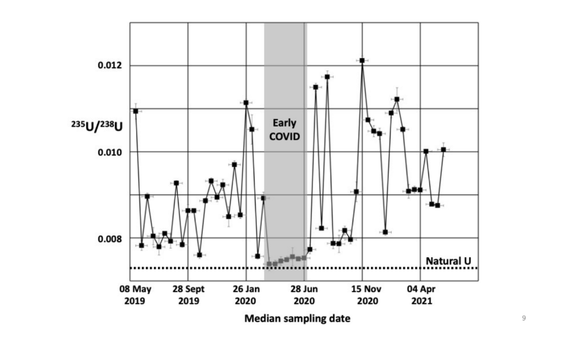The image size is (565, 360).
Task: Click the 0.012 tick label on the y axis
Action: [109, 65]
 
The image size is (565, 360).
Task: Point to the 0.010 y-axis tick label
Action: [109, 152]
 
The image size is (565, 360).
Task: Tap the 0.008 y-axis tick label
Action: [109, 238]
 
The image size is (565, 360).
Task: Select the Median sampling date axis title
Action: [298, 319]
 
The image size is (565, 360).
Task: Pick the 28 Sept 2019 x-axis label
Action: [189, 295]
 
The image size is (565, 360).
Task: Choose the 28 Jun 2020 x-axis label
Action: [304, 295]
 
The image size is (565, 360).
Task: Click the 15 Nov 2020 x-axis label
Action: [363, 295]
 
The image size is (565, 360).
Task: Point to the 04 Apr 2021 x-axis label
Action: [421, 295]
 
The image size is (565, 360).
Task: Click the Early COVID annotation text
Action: [285, 129]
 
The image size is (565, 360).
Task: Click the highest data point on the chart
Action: [362, 60]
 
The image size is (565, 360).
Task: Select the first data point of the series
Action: [136, 111]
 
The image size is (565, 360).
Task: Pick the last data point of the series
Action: [443, 150]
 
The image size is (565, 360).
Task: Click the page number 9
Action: [524, 319]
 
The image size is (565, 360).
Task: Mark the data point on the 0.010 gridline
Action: [426, 151]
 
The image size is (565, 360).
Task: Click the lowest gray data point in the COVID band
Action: [269, 264]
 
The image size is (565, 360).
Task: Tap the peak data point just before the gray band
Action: [246, 103]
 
